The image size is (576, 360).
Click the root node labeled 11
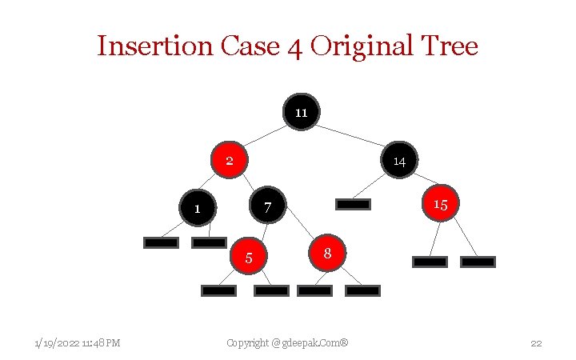pyautogui.click(x=301, y=112)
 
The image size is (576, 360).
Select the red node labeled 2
pyautogui.click(x=229, y=160)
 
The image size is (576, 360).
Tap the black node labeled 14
pyautogui.click(x=399, y=160)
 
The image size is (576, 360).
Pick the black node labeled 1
pyautogui.click(x=198, y=208)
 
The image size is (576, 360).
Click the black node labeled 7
pyautogui.click(x=268, y=206)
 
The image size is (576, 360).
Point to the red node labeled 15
pyautogui.click(x=440, y=203)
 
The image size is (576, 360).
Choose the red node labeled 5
pyautogui.click(x=249, y=257)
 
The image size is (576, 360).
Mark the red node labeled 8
pyautogui.click(x=327, y=253)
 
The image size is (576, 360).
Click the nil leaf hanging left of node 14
pyautogui.click(x=353, y=204)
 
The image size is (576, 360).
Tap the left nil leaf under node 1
pyautogui.click(x=161, y=242)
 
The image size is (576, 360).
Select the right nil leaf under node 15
pyautogui.click(x=478, y=261)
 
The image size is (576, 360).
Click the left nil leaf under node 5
pyautogui.click(x=218, y=290)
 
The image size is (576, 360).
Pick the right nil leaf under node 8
pyautogui.click(x=362, y=290)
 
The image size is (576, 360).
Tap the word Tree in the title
pyautogui.click(x=448, y=46)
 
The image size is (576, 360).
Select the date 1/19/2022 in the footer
pyautogui.click(x=57, y=343)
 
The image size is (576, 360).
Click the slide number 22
pyautogui.click(x=536, y=343)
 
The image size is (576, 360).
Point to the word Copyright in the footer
pyautogui.click(x=247, y=343)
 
